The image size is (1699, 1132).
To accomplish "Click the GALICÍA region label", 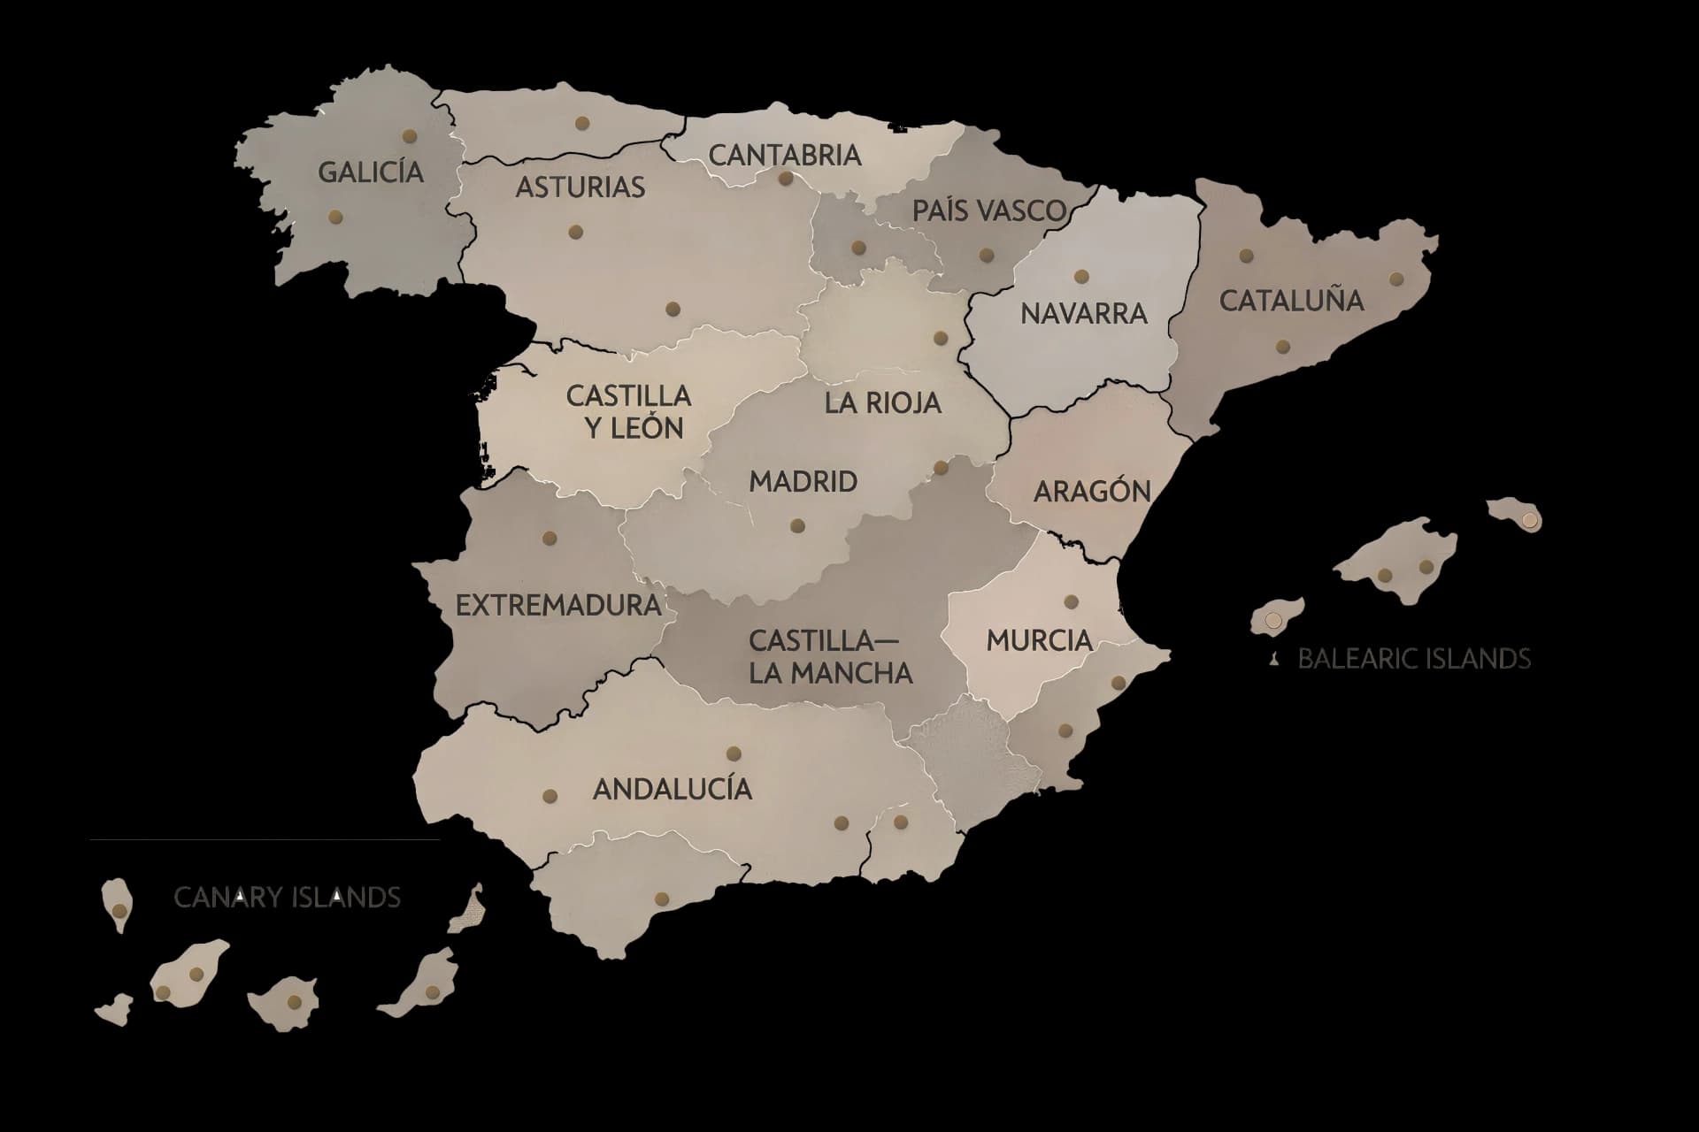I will pyautogui.click(x=371, y=172).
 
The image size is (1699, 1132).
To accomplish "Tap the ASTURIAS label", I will pyautogui.click(x=580, y=187).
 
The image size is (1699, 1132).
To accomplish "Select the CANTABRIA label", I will pyautogui.click(x=784, y=155).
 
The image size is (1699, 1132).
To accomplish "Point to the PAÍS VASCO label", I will pyautogui.click(x=988, y=210).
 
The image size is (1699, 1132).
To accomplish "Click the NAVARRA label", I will pyautogui.click(x=1083, y=313).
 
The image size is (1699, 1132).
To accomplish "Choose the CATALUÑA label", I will pyautogui.click(x=1291, y=301).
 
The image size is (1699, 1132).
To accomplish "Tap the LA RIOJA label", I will pyautogui.click(x=882, y=403).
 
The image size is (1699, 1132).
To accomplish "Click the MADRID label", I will pyautogui.click(x=803, y=482).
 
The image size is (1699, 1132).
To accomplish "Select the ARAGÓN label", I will pyautogui.click(x=1092, y=491).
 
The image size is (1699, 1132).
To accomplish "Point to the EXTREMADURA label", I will pyautogui.click(x=558, y=606).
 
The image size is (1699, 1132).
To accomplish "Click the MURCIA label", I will pyautogui.click(x=1039, y=640).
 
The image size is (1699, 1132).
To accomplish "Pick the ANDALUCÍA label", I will pyautogui.click(x=673, y=789).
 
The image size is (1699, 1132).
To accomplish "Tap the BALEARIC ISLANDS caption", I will pyautogui.click(x=1413, y=659).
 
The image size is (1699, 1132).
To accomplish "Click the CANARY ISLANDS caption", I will pyautogui.click(x=287, y=898).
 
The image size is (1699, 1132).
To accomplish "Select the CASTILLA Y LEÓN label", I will pyautogui.click(x=628, y=412).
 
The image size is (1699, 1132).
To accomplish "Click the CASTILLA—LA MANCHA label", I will pyautogui.click(x=829, y=656).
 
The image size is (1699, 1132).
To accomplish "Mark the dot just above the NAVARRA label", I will pyautogui.click(x=1080, y=277).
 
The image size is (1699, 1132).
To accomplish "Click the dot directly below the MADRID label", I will pyautogui.click(x=797, y=526).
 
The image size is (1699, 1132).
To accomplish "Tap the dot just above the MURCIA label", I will pyautogui.click(x=1071, y=602).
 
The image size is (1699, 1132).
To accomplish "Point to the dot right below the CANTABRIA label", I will pyautogui.click(x=786, y=179).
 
